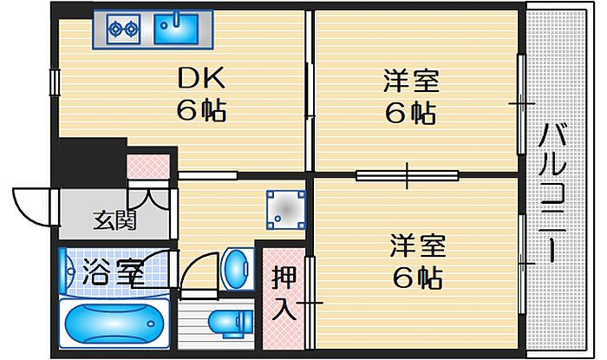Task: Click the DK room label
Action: click(x=201, y=77)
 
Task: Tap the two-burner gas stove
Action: click(x=123, y=29)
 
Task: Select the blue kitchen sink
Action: click(x=176, y=29)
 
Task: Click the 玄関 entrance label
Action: click(x=114, y=220)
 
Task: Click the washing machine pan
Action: click(x=285, y=210)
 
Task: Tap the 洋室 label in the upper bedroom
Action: click(x=411, y=81)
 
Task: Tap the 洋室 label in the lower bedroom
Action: click(x=418, y=245)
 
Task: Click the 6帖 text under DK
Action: click(x=201, y=110)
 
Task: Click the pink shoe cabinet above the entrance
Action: click(x=148, y=166)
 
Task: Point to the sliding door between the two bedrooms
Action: click(x=408, y=175)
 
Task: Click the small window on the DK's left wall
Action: click(x=54, y=82)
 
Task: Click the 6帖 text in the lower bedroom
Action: click(x=418, y=278)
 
